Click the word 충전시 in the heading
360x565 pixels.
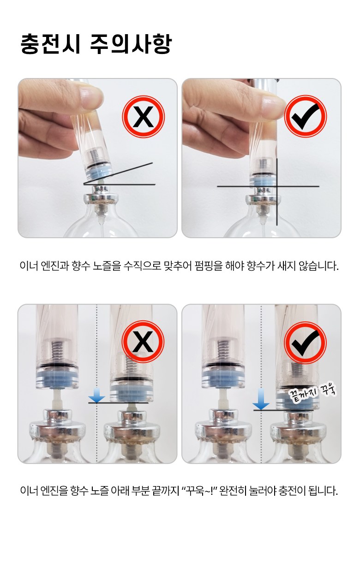tap(50, 44)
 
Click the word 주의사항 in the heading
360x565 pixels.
tap(131, 44)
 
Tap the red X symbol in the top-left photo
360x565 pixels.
tap(143, 116)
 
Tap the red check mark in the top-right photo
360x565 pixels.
tap(306, 116)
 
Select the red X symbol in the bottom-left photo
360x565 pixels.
tap(143, 342)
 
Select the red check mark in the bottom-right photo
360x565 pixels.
tap(306, 343)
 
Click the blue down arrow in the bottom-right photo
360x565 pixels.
tap(261, 399)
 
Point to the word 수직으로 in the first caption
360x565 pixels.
tap(142, 266)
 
